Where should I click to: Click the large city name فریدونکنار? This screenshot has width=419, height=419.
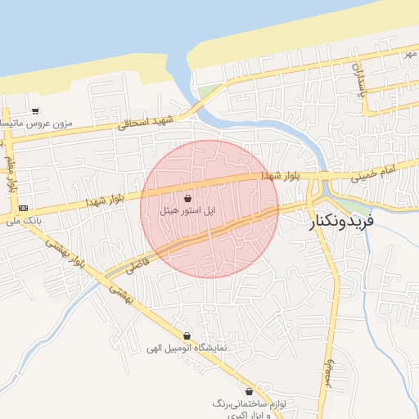(x=341, y=221)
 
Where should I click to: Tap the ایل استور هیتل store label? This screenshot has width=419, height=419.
(x=189, y=211)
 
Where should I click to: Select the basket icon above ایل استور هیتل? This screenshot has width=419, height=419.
(x=189, y=198)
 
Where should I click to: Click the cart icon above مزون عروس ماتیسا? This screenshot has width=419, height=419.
(x=34, y=110)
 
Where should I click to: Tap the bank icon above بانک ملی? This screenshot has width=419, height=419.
(x=22, y=208)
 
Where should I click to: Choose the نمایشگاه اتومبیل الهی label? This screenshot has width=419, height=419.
(x=187, y=348)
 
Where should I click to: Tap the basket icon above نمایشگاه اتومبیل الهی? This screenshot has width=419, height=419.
(x=187, y=336)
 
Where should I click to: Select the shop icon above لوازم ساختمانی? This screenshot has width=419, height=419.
(x=249, y=391)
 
